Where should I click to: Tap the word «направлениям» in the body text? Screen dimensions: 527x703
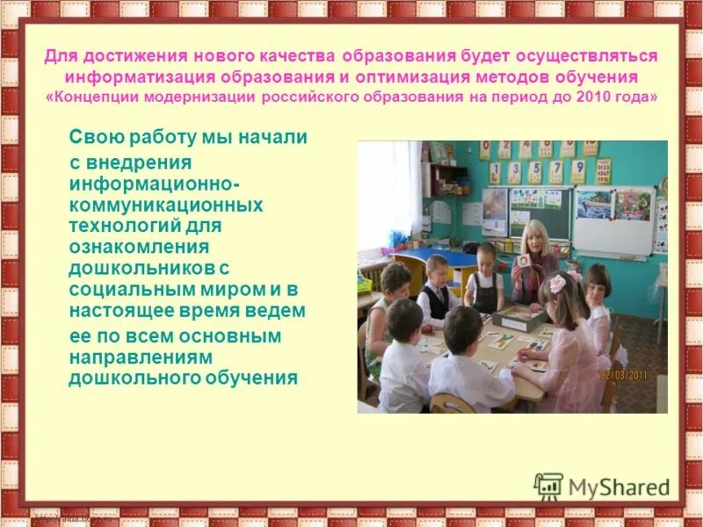coord(132,357)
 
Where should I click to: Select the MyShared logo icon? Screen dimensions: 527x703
coord(548,486)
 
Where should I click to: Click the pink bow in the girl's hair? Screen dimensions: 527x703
coord(575,276)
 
